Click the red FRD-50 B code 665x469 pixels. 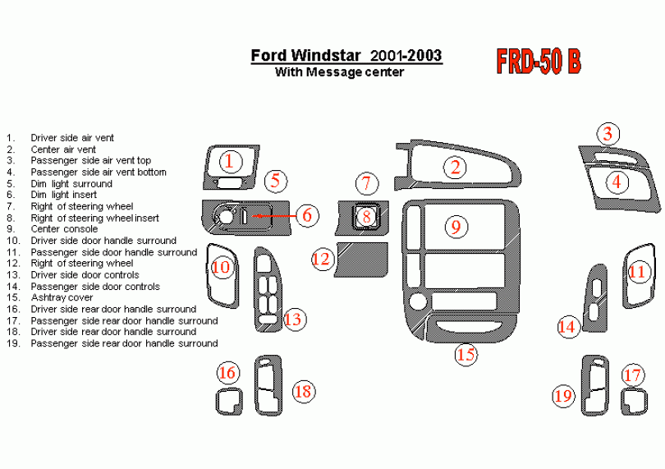(x=539, y=63)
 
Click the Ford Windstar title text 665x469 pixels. (x=346, y=56)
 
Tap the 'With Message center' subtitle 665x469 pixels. (x=339, y=72)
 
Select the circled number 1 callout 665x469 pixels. (x=231, y=161)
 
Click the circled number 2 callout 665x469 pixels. (x=455, y=168)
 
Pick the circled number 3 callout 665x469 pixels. (x=608, y=133)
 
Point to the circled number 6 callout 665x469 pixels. (x=306, y=215)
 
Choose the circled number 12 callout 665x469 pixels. (x=321, y=260)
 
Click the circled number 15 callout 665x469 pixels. (x=466, y=355)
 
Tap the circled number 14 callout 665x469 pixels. (x=567, y=326)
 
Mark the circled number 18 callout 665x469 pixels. (x=304, y=391)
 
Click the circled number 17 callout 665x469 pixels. (x=631, y=375)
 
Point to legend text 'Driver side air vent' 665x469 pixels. (x=72, y=138)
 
